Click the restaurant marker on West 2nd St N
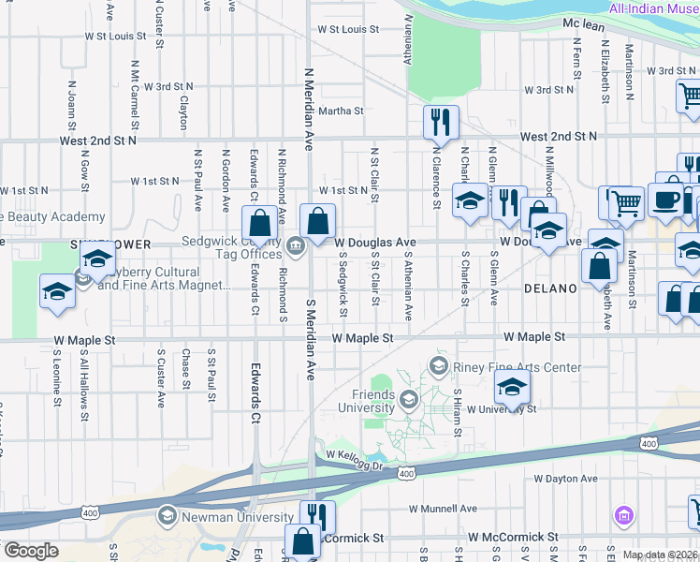(x=439, y=122)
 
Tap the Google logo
(x=30, y=550)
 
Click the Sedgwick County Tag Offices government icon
(x=296, y=246)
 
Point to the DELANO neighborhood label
(x=549, y=288)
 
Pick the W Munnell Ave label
(x=443, y=510)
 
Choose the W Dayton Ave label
(x=565, y=479)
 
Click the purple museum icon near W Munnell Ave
(x=624, y=515)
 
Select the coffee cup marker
(x=665, y=200)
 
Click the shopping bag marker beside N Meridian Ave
(x=317, y=221)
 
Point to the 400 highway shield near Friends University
(x=406, y=475)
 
